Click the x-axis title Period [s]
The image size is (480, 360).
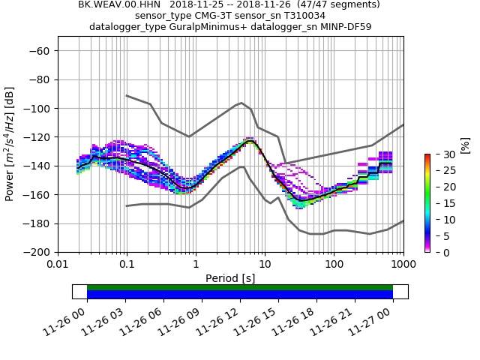click(230, 278)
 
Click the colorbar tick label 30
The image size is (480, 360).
click(443, 154)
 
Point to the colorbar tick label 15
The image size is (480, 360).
click(443, 203)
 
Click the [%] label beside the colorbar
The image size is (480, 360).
click(464, 145)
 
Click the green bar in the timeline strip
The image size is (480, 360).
click(240, 287)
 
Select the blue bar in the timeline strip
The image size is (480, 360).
click(240, 295)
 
